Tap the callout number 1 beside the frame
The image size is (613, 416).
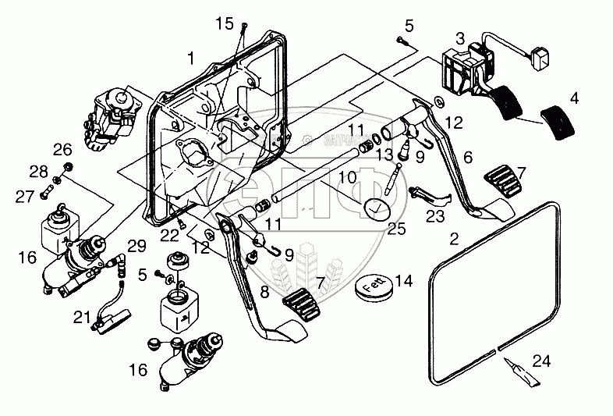click(191, 58)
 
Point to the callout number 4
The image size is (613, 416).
click(574, 99)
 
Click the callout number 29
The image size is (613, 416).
click(138, 247)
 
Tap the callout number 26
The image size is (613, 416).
click(62, 149)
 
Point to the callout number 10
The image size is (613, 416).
click(347, 178)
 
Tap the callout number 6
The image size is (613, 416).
click(467, 157)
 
